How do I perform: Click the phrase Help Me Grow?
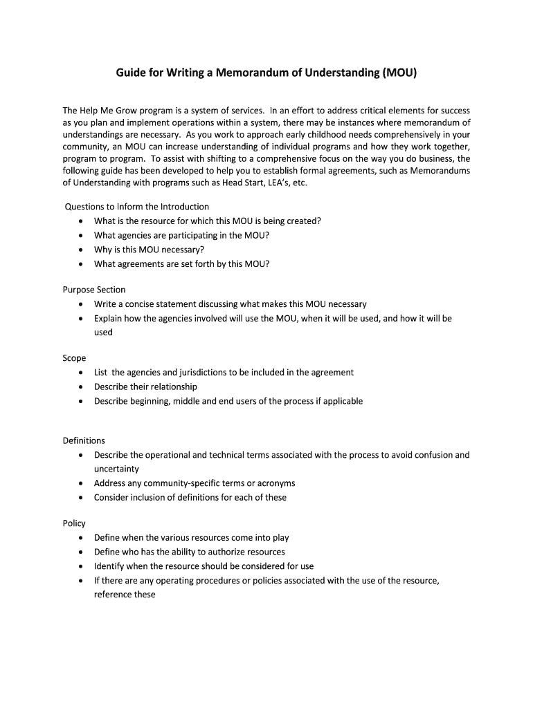[108, 111]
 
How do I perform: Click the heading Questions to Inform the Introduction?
[136, 207]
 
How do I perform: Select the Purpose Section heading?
[94, 290]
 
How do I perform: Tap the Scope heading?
[75, 358]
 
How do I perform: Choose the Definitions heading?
[84, 440]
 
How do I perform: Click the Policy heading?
[74, 523]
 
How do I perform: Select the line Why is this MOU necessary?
[149, 250]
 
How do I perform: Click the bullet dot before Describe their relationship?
[82, 387]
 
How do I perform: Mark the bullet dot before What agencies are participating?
[82, 236]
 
